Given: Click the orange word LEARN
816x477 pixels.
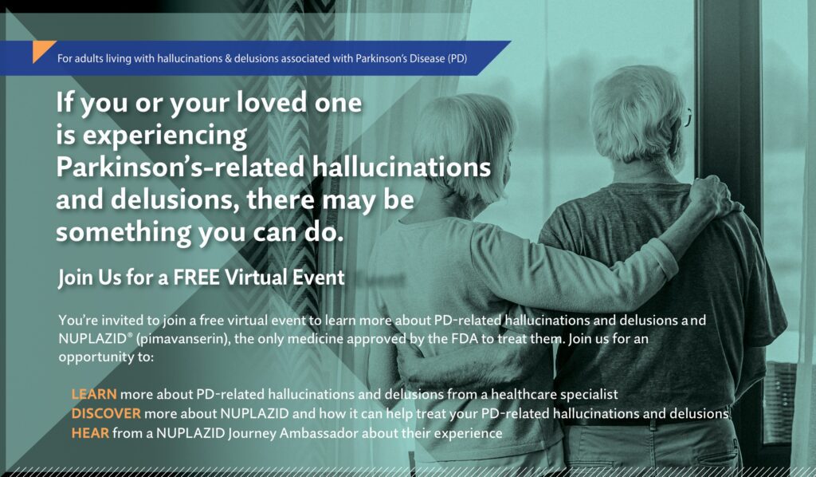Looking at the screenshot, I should [94, 394].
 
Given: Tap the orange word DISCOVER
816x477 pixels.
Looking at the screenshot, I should [106, 414].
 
